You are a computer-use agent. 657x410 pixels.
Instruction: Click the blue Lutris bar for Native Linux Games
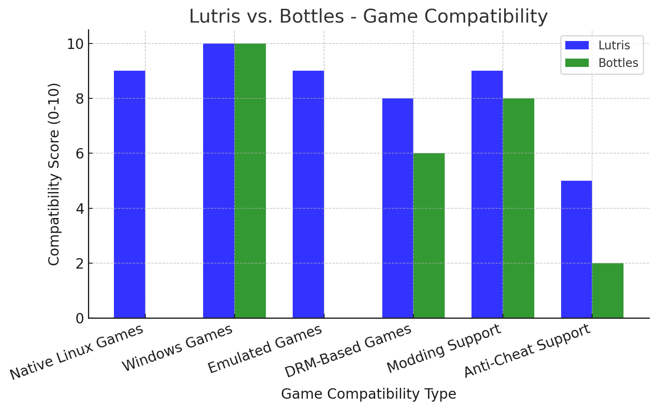(129, 194)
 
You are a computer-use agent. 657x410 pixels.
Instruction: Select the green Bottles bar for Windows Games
(250, 181)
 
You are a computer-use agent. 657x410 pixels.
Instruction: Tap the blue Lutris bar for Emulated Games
(308, 194)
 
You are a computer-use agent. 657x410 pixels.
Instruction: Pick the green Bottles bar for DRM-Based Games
(429, 236)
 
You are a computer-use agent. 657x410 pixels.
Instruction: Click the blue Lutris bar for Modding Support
(487, 194)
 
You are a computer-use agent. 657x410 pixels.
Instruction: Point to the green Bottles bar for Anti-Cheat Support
(608, 290)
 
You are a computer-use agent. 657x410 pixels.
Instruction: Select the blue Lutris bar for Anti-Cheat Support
(576, 249)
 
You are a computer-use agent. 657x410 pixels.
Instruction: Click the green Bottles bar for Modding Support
(518, 208)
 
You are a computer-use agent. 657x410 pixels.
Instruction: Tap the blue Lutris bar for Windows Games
(219, 181)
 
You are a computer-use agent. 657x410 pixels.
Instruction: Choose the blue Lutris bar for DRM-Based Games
(397, 208)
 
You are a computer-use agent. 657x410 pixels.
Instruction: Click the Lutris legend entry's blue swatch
(577, 45)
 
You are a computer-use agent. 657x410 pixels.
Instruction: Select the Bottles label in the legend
(618, 63)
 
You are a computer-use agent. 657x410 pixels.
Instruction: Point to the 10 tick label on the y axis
(75, 44)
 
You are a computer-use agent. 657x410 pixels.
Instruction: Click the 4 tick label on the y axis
(80, 208)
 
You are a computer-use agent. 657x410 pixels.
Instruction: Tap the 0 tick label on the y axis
(80, 318)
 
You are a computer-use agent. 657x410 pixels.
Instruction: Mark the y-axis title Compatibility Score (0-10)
(54, 174)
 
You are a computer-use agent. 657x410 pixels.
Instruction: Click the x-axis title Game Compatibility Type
(368, 394)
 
